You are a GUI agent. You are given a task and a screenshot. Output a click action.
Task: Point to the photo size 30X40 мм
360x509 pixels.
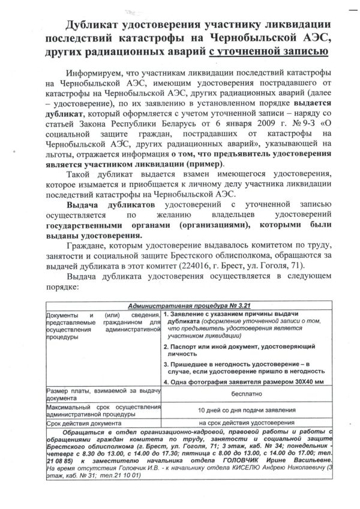tap(304, 381)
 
